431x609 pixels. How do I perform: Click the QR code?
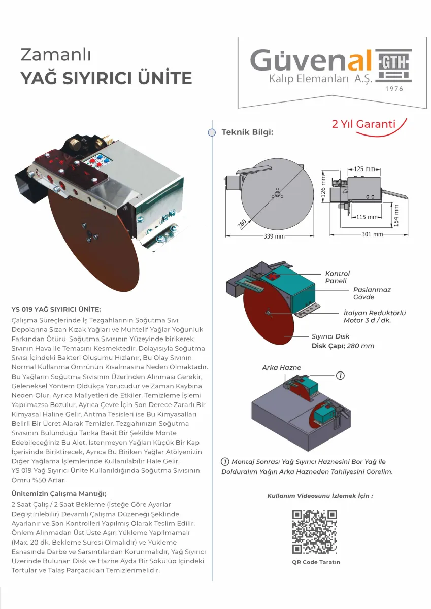coord(315,532)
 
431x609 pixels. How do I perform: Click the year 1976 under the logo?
coord(394,89)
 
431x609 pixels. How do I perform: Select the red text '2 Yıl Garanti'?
coord(363,124)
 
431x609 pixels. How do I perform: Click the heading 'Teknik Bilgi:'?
coord(247,132)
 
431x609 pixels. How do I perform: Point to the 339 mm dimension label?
coord(274,236)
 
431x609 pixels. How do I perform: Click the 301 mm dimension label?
coord(372,234)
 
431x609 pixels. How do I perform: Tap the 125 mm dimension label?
coord(364,169)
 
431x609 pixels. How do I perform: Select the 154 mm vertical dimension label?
coord(396,215)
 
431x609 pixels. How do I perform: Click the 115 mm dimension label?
coord(367,217)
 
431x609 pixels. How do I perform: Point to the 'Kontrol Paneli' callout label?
coord(337,277)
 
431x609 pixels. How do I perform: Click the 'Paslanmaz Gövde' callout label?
coord(372,293)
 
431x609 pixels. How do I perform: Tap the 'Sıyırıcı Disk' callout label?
coord(330,336)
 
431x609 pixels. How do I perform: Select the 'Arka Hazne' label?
coord(281,368)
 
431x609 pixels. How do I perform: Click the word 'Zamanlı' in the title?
coord(55,55)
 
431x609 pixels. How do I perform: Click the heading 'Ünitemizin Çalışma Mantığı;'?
coord(59,493)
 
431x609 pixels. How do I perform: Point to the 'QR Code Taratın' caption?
coord(316,562)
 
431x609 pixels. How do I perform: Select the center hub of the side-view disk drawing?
coord(277,194)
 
